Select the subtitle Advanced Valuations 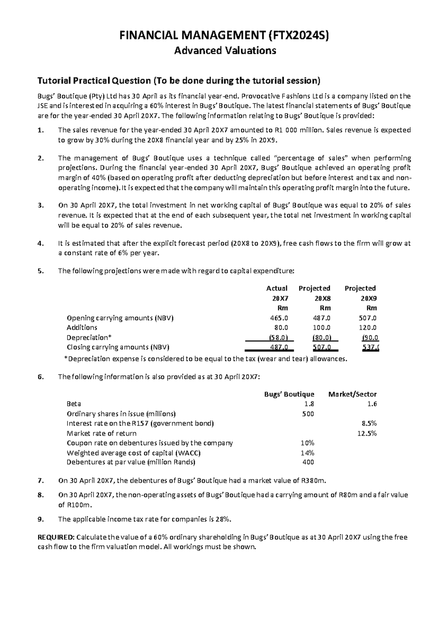(225, 50)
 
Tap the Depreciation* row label (85, 338)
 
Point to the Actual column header (277, 288)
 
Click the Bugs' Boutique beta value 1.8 (309, 404)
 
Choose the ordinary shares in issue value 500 (308, 414)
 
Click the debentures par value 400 (308, 462)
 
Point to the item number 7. (41, 481)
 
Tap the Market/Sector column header (352, 394)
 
